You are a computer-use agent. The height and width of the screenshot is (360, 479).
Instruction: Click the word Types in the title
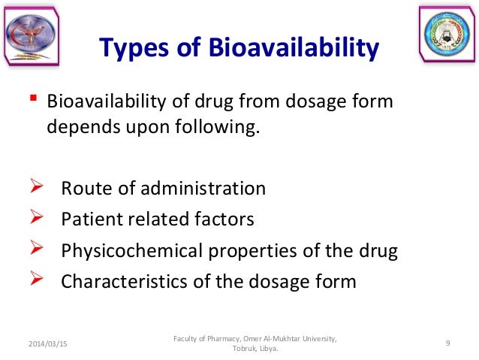[134, 50]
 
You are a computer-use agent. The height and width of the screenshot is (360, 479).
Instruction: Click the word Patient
[88, 219]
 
